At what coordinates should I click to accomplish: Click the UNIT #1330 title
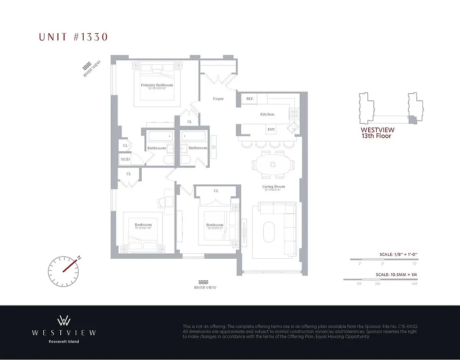pyautogui.click(x=73, y=37)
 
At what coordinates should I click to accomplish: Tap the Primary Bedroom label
pyautogui.click(x=157, y=85)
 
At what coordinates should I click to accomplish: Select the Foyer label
pyautogui.click(x=218, y=99)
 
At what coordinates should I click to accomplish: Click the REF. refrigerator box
pyautogui.click(x=250, y=99)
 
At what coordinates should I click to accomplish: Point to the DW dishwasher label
pyautogui.click(x=271, y=130)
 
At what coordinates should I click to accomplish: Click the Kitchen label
pyautogui.click(x=267, y=114)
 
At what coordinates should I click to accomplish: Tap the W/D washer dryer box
pyautogui.click(x=125, y=159)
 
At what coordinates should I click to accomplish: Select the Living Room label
pyautogui.click(x=274, y=186)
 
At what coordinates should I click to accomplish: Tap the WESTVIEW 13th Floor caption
pyautogui.click(x=377, y=133)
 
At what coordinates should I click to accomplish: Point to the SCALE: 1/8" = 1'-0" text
pyautogui.click(x=398, y=255)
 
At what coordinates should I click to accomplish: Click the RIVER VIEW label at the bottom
pyautogui.click(x=205, y=288)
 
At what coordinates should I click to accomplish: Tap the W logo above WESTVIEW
pyautogui.click(x=63, y=320)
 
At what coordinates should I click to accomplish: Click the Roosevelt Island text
pyautogui.click(x=63, y=342)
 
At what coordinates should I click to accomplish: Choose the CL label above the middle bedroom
pyautogui.click(x=216, y=191)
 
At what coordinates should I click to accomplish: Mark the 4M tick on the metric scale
pyautogui.click(x=415, y=284)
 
